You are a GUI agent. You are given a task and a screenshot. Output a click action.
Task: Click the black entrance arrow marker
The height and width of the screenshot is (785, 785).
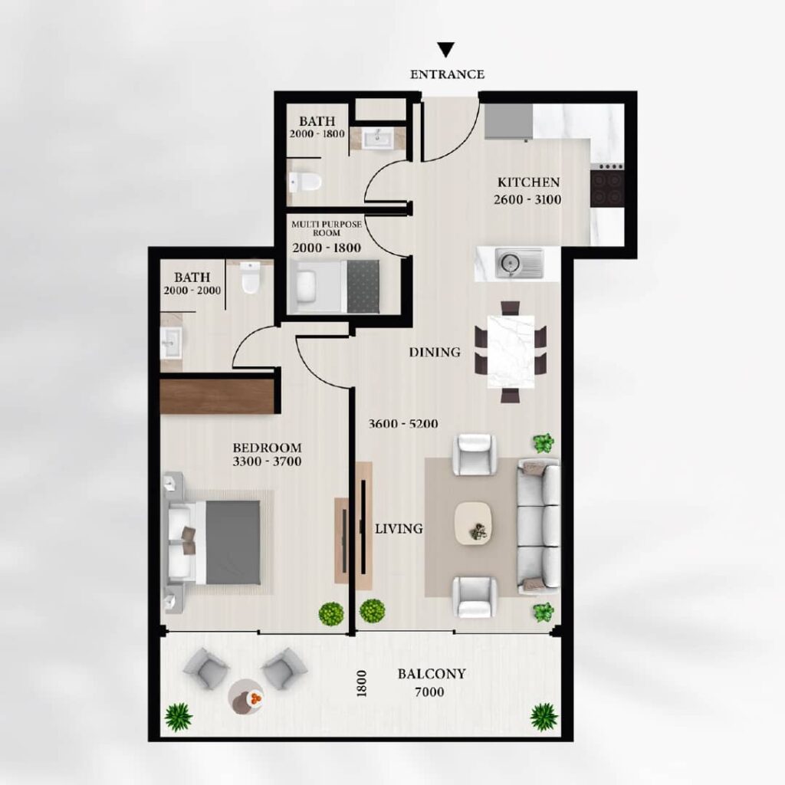point(445,49)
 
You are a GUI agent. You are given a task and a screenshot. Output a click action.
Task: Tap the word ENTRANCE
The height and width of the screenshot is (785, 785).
point(447,74)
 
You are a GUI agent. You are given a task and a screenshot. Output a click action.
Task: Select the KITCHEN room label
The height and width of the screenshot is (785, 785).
point(528,182)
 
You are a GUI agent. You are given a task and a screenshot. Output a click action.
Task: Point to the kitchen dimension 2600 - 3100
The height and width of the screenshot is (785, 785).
point(527,199)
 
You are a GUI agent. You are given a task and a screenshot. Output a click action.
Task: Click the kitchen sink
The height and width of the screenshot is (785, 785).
point(519,263)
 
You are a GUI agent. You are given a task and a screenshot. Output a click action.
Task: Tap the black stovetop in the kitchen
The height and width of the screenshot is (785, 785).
point(607,189)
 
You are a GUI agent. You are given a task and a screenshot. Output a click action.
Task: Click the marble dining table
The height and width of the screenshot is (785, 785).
point(511,352)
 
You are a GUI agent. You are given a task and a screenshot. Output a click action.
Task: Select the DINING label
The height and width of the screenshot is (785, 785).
point(435,353)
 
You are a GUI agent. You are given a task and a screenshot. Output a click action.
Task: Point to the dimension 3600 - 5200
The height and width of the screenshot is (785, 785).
point(403,423)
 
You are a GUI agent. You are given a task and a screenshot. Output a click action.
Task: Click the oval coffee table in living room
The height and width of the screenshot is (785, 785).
point(474,523)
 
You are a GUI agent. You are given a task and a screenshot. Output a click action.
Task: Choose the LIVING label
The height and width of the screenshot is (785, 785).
point(399,528)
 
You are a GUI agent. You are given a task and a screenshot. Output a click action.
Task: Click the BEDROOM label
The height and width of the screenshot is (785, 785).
point(267,448)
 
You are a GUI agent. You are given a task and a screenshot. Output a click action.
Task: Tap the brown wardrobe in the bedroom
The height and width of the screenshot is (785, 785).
point(218,396)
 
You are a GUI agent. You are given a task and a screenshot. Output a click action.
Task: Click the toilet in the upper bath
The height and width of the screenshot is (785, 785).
point(304,182)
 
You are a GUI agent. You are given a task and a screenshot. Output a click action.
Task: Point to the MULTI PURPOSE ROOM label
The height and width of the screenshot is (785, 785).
point(327,228)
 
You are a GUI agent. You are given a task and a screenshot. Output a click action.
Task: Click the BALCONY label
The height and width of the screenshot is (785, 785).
point(432,674)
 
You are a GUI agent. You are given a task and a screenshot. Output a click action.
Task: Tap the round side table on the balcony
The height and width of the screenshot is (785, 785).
point(246,696)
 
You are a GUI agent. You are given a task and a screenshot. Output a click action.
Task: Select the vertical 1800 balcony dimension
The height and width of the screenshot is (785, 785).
point(362,683)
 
